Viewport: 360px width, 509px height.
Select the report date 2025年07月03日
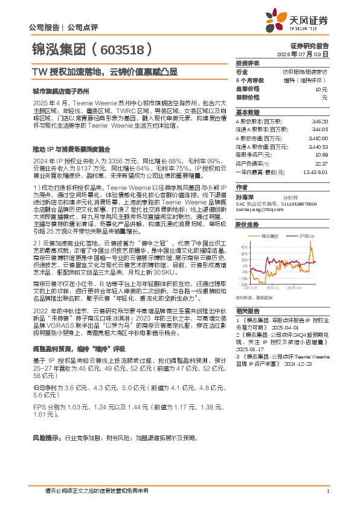(x=310, y=54)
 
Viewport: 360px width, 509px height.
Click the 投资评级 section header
(x=248, y=63)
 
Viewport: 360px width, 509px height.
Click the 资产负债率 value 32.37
(x=321, y=163)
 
